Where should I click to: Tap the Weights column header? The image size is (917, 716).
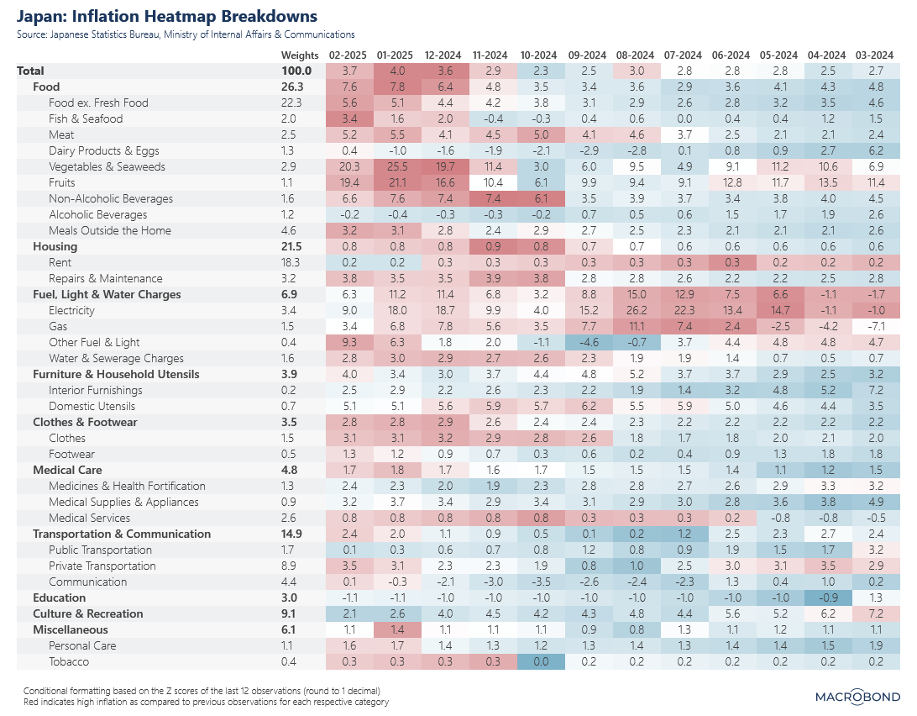coord(300,55)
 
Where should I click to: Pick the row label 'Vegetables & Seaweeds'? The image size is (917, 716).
coord(107,166)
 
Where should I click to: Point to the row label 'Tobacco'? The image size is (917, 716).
coord(69,661)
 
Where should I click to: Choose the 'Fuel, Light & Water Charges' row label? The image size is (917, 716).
coord(107,294)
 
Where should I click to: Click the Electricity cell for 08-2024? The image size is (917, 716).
coord(637,310)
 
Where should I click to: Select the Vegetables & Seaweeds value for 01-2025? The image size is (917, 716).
coord(396,166)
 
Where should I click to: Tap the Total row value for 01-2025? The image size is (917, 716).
coord(396,71)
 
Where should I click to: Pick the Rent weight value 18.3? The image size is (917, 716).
coord(300,262)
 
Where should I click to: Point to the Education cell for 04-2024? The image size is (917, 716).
coord(828,598)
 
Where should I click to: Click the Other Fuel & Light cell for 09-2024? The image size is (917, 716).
coord(589,342)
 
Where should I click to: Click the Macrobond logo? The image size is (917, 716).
coord(857,696)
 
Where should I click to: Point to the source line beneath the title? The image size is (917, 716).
coord(185,34)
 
